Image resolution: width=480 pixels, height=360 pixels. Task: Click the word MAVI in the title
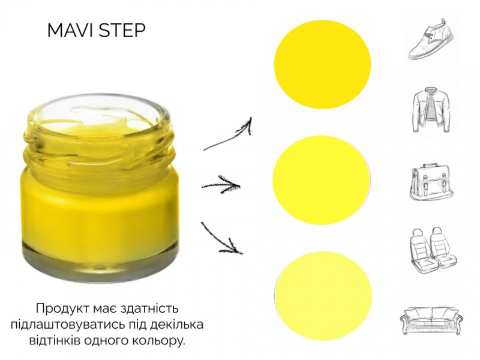pyautogui.click(x=71, y=31)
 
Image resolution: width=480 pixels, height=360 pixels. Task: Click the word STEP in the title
pyautogui.click(x=122, y=31)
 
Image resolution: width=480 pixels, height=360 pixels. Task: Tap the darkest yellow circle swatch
pyautogui.click(x=322, y=65)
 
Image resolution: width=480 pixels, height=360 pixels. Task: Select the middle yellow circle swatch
pyautogui.click(x=322, y=180)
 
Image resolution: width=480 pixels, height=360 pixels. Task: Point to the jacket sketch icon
pyautogui.click(x=431, y=110)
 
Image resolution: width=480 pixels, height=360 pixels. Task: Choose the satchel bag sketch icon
pyautogui.click(x=431, y=183)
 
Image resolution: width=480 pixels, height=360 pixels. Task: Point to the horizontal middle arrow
pyautogui.click(x=221, y=185)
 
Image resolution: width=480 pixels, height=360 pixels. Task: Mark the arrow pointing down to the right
pyautogui.click(x=221, y=239)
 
